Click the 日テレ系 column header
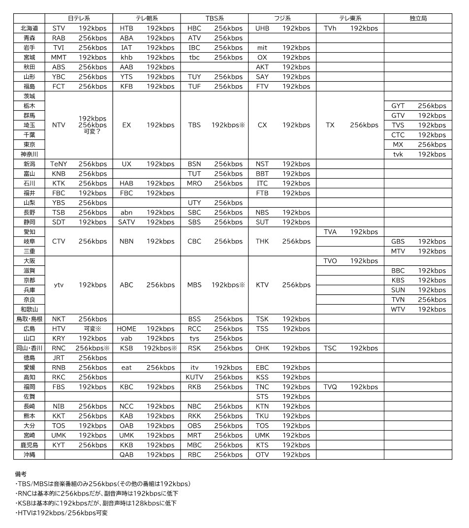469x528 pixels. (79, 19)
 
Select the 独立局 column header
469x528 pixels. (418, 19)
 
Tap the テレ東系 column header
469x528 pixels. (350, 19)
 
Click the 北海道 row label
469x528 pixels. (29, 29)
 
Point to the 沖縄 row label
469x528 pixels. (29, 455)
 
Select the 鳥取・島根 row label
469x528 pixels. (29, 319)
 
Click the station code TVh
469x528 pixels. (330, 29)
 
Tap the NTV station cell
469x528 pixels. (59, 125)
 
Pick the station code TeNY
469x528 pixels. (59, 164)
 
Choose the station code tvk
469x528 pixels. (398, 154)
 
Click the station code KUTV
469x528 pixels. (194, 377)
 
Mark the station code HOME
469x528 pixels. (126, 329)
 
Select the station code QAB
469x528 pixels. (126, 455)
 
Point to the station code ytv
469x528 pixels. (59, 285)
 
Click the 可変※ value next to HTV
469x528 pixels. (93, 329)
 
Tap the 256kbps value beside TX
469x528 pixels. (364, 125)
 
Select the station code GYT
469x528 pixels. (398, 106)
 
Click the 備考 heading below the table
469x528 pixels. (21, 474)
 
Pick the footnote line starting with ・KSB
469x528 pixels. (95, 503)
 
